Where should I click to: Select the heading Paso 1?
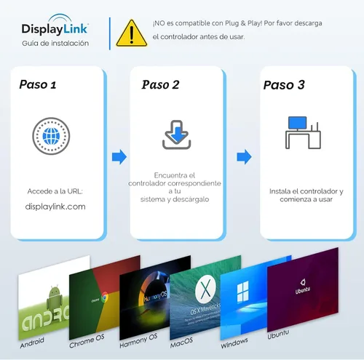tap(38, 84)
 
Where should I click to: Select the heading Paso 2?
tap(161, 84)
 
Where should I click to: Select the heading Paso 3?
tap(285, 84)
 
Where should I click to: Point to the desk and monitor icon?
tap(301, 134)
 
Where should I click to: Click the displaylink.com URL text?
tap(55, 207)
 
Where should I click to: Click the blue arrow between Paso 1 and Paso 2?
tap(119, 156)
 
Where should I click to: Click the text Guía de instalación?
tap(55, 44)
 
